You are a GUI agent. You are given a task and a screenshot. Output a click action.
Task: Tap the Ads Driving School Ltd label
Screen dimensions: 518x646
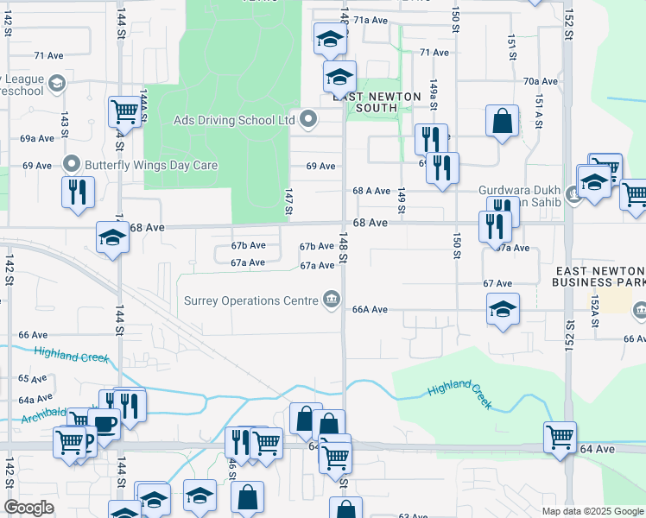(235, 120)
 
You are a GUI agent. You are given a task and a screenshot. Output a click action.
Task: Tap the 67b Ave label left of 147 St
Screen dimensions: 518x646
(248, 246)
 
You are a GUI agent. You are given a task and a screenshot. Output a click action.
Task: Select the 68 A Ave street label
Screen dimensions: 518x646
(370, 191)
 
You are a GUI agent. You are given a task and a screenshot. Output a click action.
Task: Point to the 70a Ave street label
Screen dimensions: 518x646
(539, 81)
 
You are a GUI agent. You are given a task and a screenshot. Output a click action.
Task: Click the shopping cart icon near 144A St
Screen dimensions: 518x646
(124, 113)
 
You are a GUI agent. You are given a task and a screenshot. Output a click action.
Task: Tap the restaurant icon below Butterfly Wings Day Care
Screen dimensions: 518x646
(77, 191)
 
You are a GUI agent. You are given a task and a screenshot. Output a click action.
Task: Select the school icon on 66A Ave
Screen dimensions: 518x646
(503, 310)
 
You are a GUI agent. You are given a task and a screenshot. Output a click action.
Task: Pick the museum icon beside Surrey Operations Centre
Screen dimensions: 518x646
(330, 300)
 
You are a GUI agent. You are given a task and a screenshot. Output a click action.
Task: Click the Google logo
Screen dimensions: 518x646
(28, 508)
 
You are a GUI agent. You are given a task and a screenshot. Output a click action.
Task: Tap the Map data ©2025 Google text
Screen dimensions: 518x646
(592, 511)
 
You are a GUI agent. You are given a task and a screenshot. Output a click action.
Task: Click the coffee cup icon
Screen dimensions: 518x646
(104, 426)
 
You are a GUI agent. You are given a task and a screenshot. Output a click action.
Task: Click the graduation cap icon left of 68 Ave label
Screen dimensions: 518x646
(112, 237)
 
